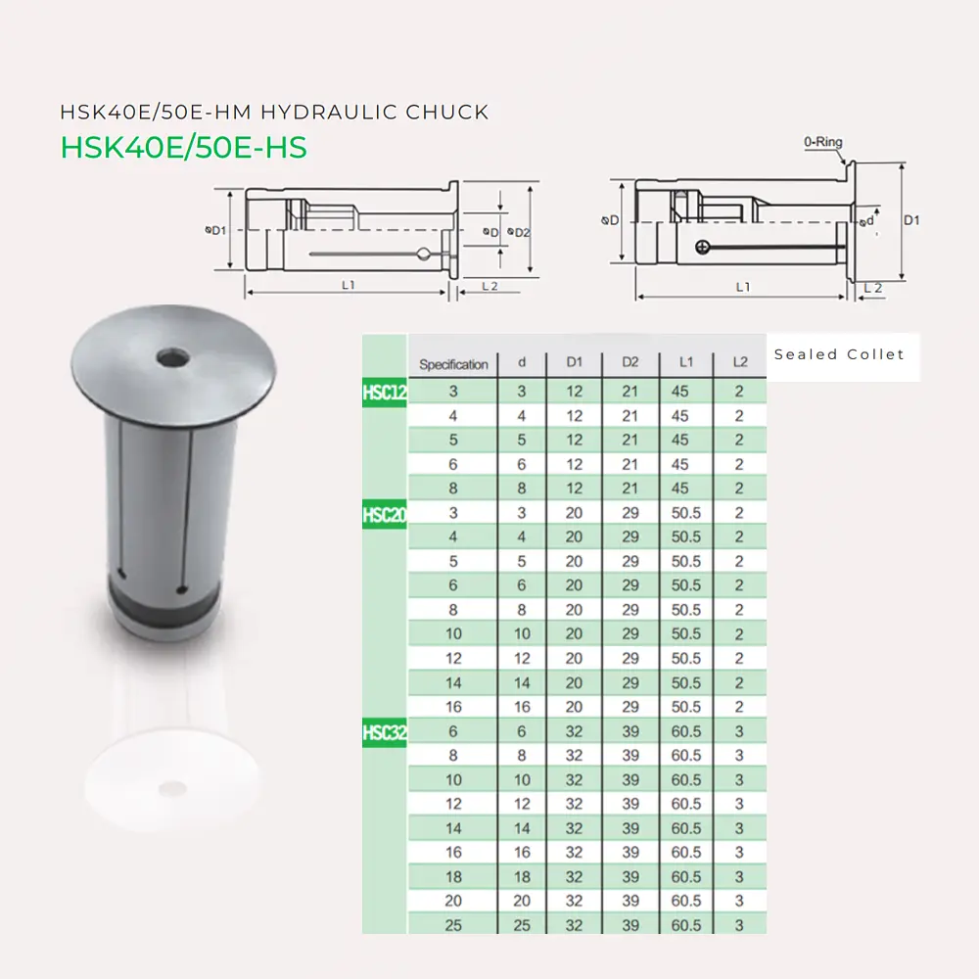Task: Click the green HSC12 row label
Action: tap(384, 393)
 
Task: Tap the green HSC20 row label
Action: tap(384, 514)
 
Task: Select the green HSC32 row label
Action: tap(384, 732)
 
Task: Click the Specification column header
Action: tap(453, 364)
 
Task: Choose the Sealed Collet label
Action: tap(839, 354)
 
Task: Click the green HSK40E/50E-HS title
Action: tap(184, 147)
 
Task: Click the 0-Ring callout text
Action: tap(823, 143)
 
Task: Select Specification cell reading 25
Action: tap(453, 925)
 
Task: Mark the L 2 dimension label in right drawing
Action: tap(872, 288)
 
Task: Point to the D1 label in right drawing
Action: tap(910, 221)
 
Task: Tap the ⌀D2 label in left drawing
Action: tap(519, 232)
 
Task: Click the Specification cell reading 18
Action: tap(453, 877)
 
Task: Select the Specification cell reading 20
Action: tap(453, 901)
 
